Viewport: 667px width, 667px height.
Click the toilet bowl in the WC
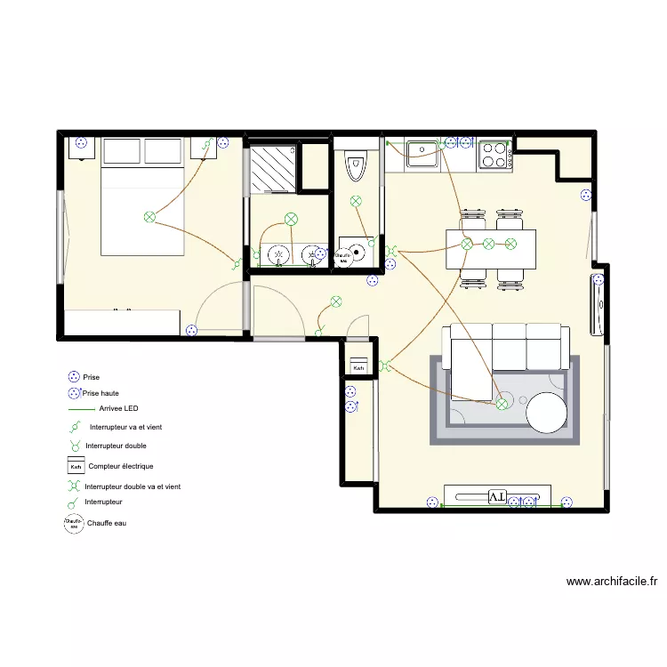(x=356, y=165)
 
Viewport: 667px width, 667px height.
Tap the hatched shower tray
(x=270, y=169)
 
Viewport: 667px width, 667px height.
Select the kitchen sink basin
(x=421, y=155)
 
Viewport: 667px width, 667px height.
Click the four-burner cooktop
(x=494, y=156)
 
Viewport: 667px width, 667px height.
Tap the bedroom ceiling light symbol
(x=149, y=216)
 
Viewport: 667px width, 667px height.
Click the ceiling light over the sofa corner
(x=502, y=404)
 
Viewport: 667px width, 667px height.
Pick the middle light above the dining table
(x=488, y=244)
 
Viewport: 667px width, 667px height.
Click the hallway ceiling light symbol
(x=335, y=301)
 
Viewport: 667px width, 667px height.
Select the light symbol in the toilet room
(x=356, y=202)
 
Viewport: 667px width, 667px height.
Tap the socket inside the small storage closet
(x=351, y=406)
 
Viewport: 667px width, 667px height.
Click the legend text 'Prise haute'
(x=100, y=392)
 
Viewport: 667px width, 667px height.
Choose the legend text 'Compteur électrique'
(x=121, y=466)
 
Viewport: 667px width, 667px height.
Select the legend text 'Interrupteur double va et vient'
(x=133, y=486)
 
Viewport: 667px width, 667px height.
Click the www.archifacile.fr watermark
(x=612, y=583)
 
